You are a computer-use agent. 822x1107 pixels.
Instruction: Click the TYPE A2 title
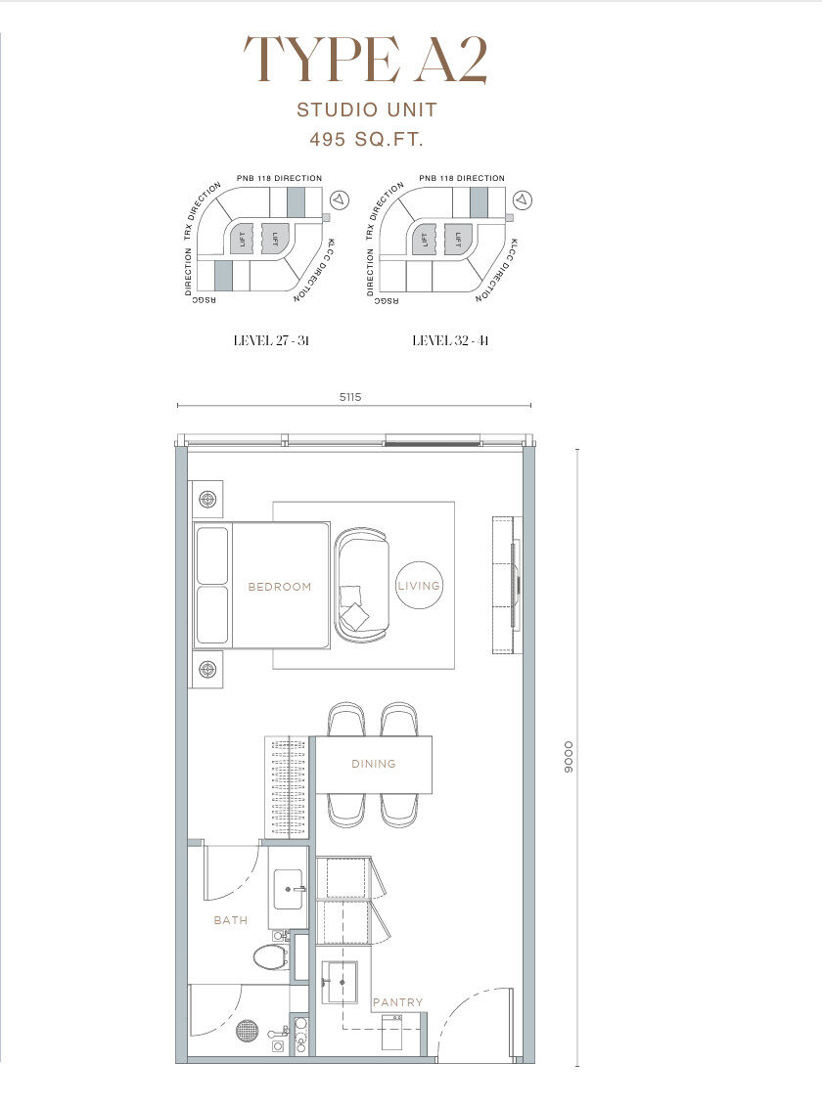click(366, 60)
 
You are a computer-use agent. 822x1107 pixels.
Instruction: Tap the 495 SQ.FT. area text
click(367, 139)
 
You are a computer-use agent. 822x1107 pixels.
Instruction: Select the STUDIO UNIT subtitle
click(367, 110)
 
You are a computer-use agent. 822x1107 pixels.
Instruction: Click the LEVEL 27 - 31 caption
click(271, 340)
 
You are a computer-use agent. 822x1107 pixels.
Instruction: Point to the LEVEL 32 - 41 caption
click(450, 340)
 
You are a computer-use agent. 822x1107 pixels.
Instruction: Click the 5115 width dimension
click(350, 397)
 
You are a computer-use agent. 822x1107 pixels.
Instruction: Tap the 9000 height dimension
click(569, 756)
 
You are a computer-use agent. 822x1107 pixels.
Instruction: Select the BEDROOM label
click(280, 587)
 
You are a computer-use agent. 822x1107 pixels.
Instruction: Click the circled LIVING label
click(419, 585)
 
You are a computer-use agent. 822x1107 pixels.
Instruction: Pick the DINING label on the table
click(374, 764)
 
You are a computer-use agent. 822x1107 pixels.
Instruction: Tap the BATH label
click(231, 920)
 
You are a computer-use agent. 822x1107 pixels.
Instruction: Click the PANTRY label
click(398, 1002)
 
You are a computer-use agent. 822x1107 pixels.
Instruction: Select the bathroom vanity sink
click(288, 888)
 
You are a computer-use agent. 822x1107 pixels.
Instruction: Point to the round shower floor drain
click(248, 1030)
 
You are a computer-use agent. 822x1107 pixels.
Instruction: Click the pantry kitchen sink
click(340, 982)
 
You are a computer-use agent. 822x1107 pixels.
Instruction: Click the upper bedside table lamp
click(206, 499)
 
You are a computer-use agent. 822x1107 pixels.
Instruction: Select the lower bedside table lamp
click(206, 669)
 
